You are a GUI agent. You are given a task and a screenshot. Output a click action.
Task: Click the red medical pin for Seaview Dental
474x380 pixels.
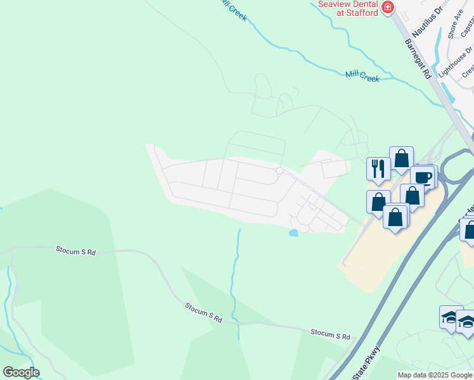point(387,8)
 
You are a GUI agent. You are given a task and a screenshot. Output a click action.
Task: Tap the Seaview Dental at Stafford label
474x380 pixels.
point(348,8)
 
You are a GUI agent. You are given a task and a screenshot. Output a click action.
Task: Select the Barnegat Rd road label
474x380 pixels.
point(418,59)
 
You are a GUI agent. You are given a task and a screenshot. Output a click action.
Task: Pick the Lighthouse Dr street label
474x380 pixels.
point(451,61)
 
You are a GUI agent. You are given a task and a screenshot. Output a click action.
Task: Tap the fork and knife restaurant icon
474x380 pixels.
point(378,168)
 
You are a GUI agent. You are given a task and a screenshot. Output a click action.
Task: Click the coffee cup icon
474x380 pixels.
point(422,177)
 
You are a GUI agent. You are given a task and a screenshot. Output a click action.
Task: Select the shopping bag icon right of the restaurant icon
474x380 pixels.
point(402,158)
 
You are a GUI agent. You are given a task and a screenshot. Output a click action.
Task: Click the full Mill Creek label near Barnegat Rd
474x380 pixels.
point(362,76)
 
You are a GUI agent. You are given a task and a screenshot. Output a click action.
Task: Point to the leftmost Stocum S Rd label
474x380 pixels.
point(75,251)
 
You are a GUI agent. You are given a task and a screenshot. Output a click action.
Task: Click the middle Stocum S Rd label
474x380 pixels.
point(204,312)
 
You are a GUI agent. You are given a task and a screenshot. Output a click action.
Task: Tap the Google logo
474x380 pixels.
point(21,372)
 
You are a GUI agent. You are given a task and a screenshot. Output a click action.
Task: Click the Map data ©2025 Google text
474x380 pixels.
point(435,375)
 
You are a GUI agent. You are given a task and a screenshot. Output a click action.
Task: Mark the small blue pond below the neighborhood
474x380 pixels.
point(293,233)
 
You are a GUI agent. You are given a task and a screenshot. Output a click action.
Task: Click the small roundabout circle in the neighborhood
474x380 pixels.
point(279,170)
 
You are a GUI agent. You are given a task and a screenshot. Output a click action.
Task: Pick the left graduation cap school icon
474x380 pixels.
point(451,317)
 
